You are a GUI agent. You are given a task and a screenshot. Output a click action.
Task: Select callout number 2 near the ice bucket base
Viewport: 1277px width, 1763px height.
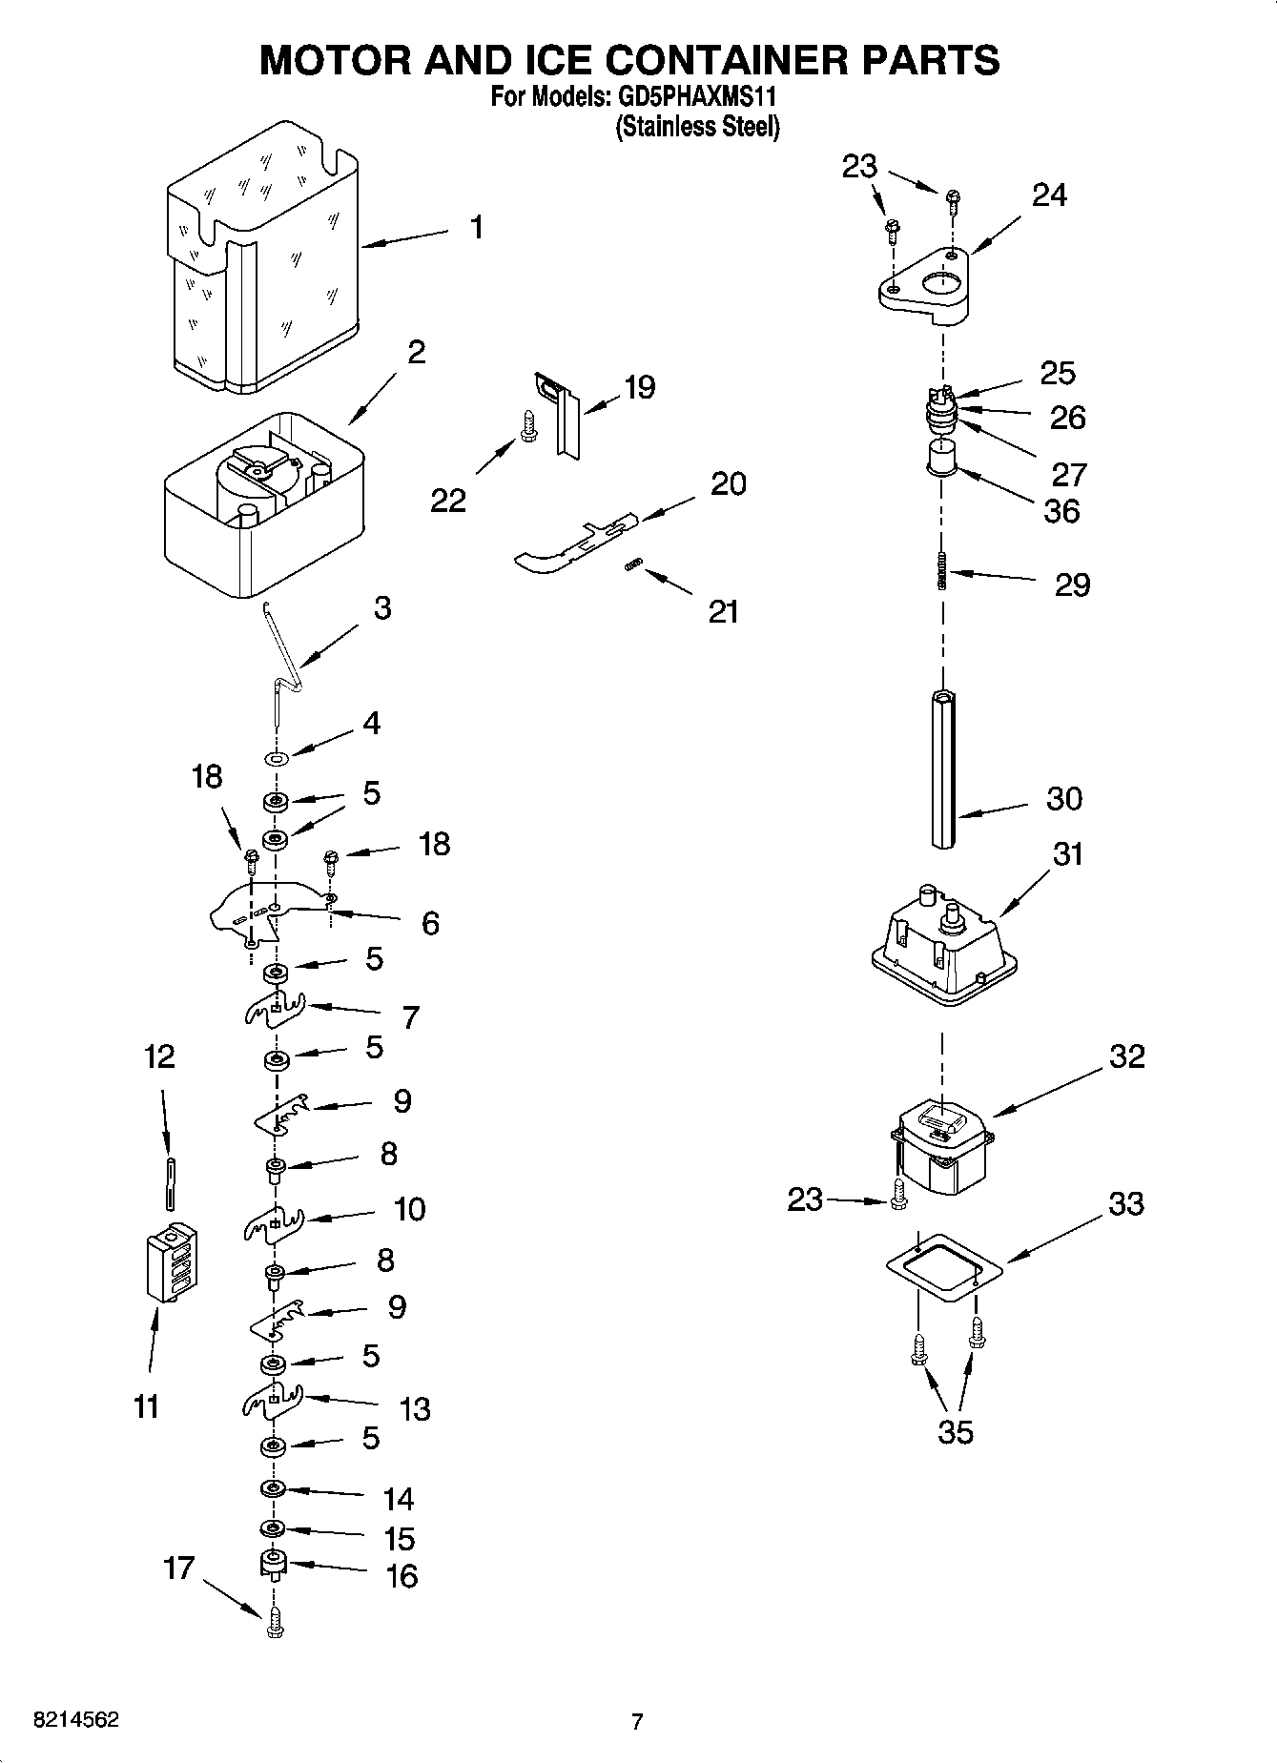click(416, 352)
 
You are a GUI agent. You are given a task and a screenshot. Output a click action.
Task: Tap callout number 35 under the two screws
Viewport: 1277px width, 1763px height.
click(956, 1432)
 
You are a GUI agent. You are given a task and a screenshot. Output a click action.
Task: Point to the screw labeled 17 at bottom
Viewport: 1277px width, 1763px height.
click(275, 1621)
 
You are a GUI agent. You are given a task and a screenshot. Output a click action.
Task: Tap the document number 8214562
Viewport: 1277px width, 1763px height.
click(76, 1720)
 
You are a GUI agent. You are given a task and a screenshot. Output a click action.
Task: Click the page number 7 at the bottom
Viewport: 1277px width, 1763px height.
click(637, 1722)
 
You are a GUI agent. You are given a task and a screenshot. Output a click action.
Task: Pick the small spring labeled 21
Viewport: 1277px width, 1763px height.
click(630, 567)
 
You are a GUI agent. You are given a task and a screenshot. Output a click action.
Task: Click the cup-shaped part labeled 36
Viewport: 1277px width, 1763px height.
click(941, 456)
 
